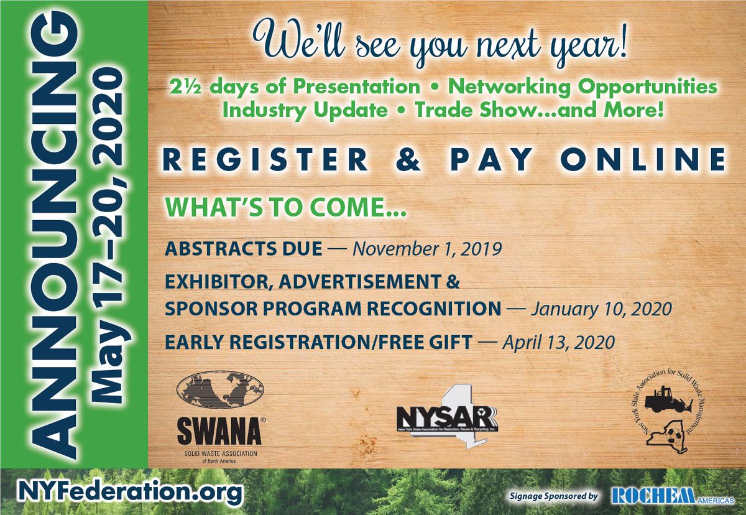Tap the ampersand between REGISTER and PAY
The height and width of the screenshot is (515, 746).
coord(422,160)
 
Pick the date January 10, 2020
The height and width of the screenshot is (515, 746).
coord(601,309)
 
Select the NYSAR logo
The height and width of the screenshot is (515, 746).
coord(447,420)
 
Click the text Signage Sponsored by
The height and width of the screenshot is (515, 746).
coord(553,496)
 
